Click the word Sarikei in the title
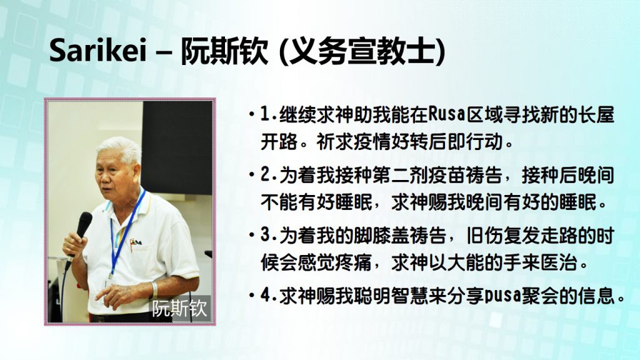(97, 51)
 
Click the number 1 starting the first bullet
(265, 115)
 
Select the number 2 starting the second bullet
(266, 176)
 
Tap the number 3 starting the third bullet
(266, 236)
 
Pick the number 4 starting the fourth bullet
(266, 296)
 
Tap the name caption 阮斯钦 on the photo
(179, 309)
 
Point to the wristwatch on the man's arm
(154, 290)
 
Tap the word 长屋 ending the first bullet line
(596, 115)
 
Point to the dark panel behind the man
(177, 147)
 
